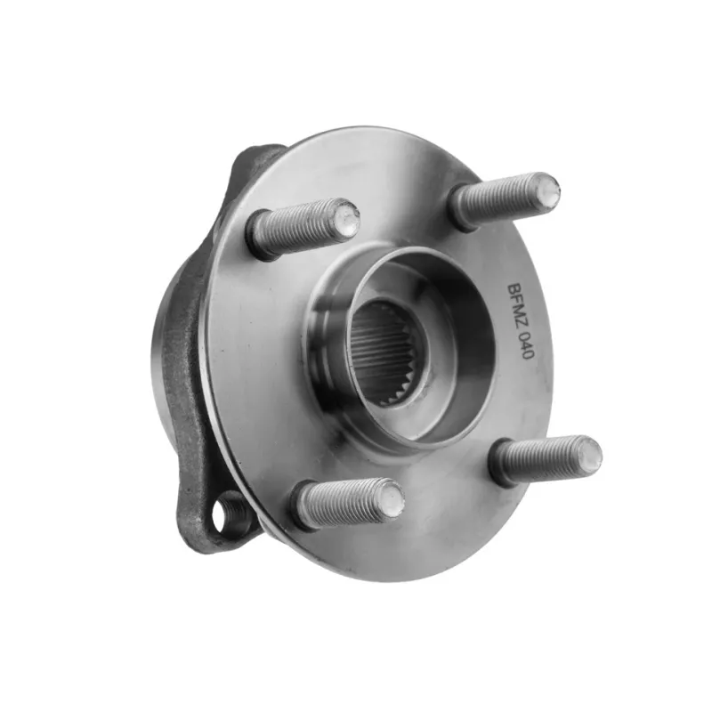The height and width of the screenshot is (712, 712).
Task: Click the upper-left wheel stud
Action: point(303,229)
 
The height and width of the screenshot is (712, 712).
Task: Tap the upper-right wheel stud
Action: point(503,199)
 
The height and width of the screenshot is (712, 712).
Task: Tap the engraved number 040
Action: point(522,346)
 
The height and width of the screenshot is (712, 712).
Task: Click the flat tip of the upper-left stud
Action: point(347,217)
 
